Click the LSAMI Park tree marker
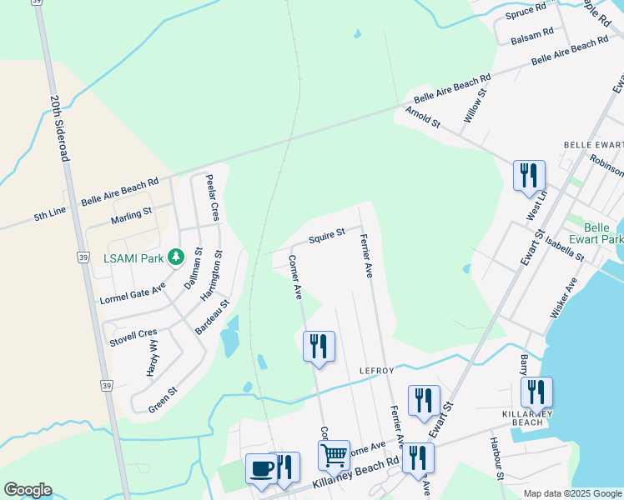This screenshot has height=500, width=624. (x=175, y=257)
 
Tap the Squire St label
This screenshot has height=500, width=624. (x=326, y=237)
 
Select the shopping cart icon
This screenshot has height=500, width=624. (x=334, y=455)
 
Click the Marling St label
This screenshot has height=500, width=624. (x=131, y=217)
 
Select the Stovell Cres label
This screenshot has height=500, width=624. (x=133, y=338)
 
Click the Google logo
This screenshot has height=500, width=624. (x=27, y=490)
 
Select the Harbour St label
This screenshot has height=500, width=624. (x=496, y=457)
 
